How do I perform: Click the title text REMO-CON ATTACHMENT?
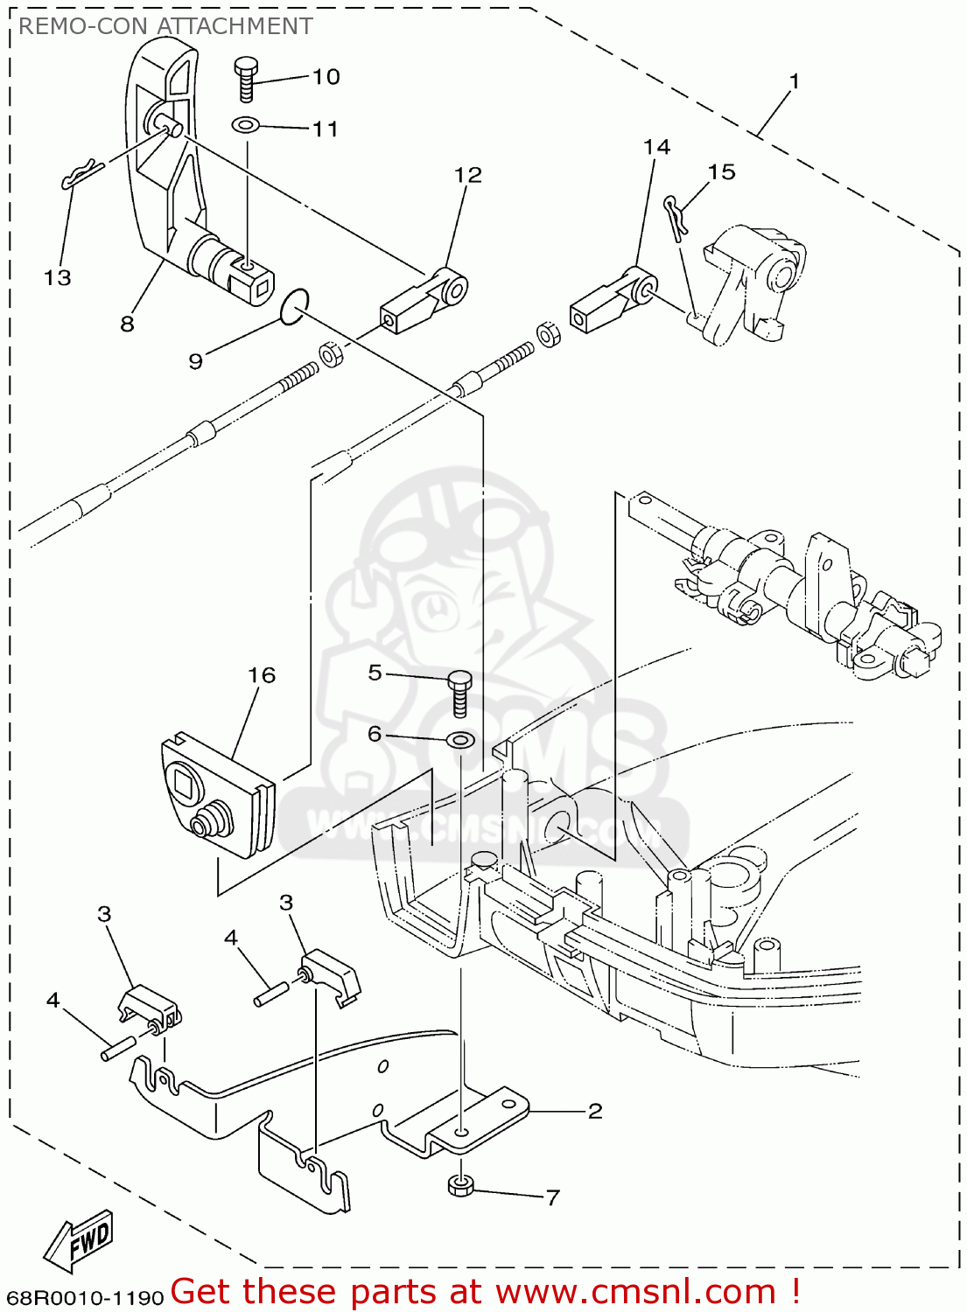[165, 26]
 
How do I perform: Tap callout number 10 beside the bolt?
[326, 77]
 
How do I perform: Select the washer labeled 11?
[246, 125]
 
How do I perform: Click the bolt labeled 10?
[245, 78]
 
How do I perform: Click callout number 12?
[468, 175]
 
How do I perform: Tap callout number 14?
[656, 147]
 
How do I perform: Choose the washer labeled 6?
[460, 741]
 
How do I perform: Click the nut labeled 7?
[460, 1186]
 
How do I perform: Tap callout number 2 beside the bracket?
[595, 1111]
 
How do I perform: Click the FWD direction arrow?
[80, 1240]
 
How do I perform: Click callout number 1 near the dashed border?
[794, 81]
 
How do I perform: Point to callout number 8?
[127, 324]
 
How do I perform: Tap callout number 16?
[261, 675]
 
